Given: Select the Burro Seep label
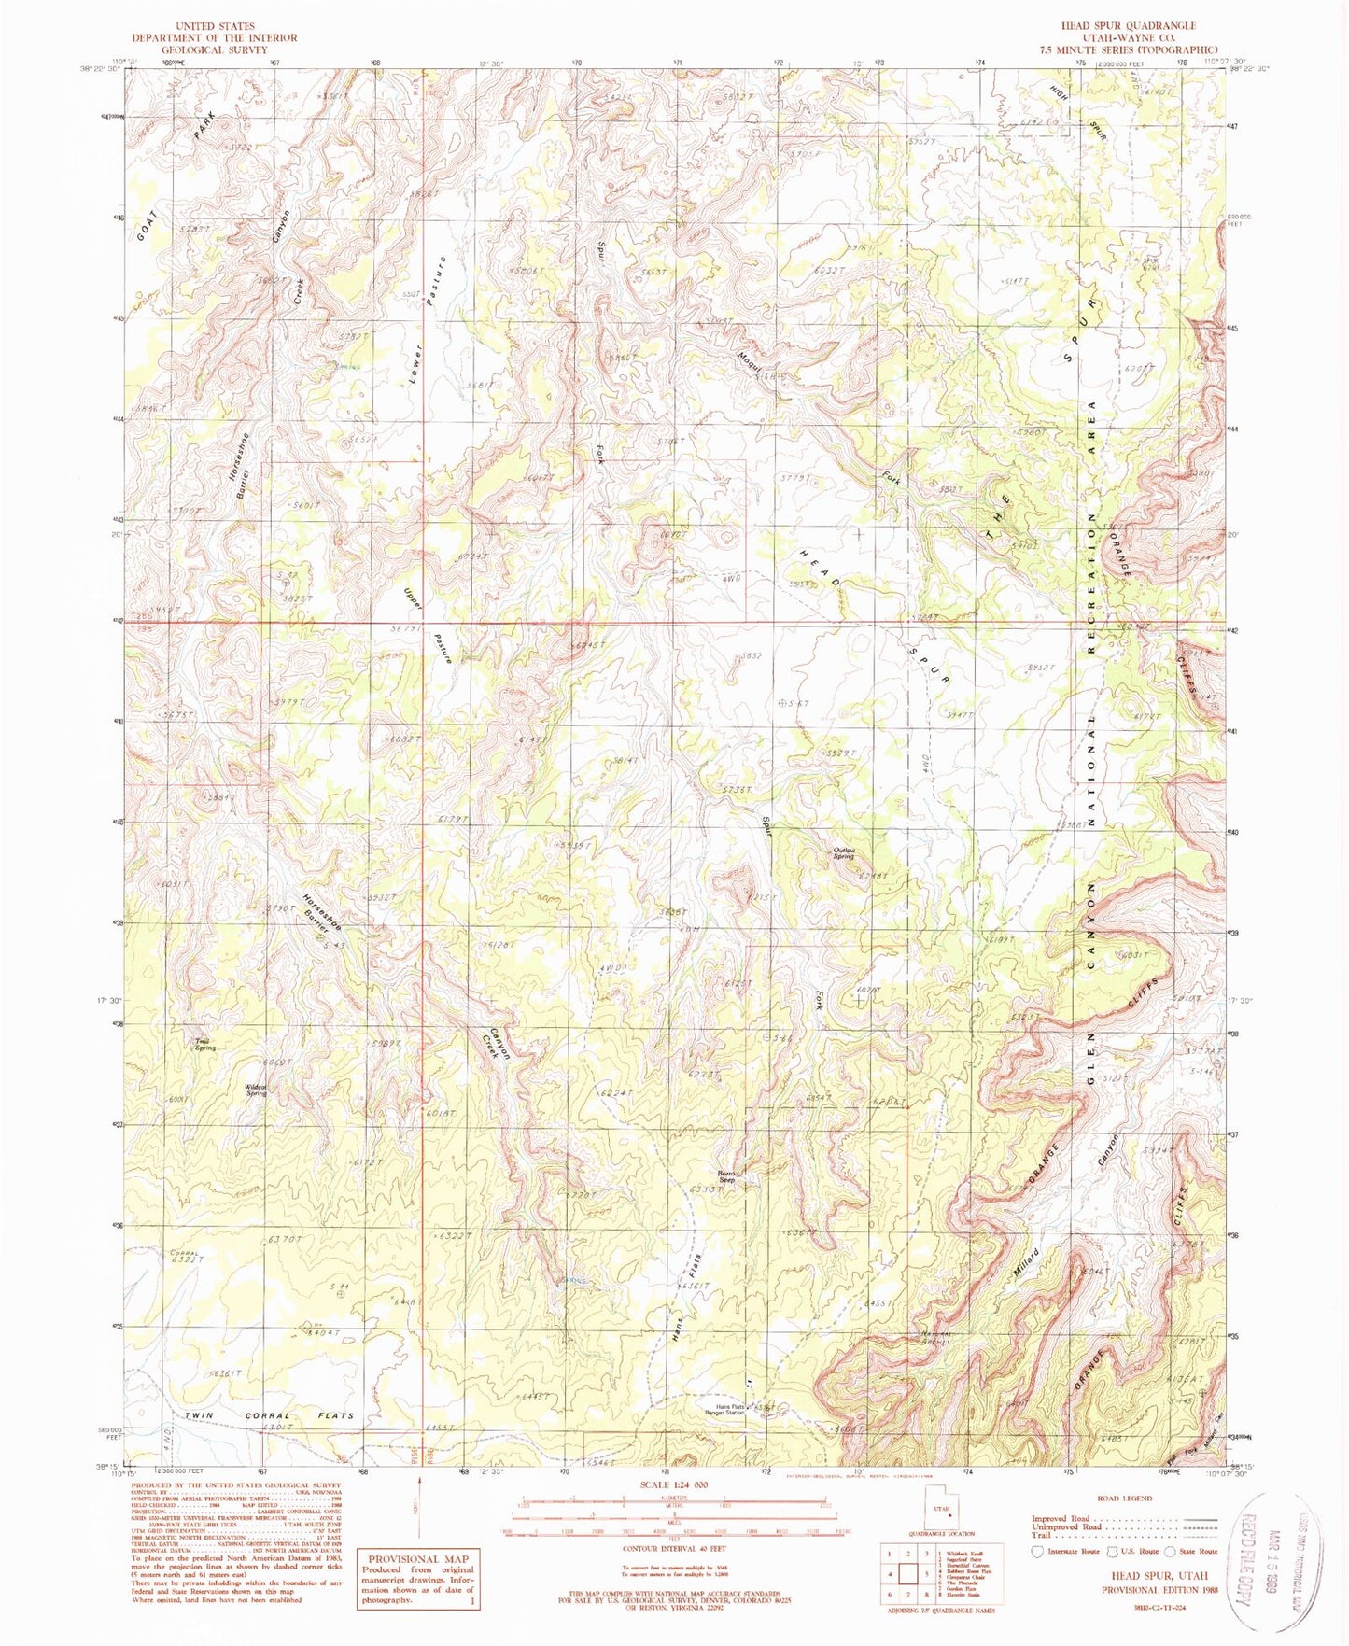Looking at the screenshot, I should [x=727, y=1176].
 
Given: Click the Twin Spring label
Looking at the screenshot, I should [x=204, y=1045].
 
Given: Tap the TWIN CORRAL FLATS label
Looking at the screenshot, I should [x=269, y=1415].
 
